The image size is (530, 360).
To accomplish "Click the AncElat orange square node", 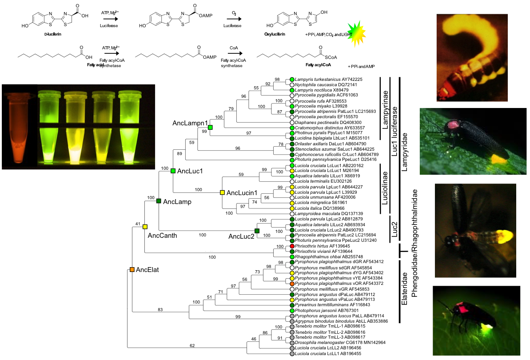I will tap(132, 269).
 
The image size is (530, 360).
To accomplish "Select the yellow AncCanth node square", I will tap(145, 227).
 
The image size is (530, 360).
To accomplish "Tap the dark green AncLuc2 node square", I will tap(257, 231).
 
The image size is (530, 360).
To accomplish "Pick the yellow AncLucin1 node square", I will tap(223, 192).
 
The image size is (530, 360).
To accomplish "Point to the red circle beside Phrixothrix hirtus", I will tap(292, 246).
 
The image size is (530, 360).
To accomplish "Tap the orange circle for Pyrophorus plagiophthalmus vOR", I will tap(292, 284).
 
